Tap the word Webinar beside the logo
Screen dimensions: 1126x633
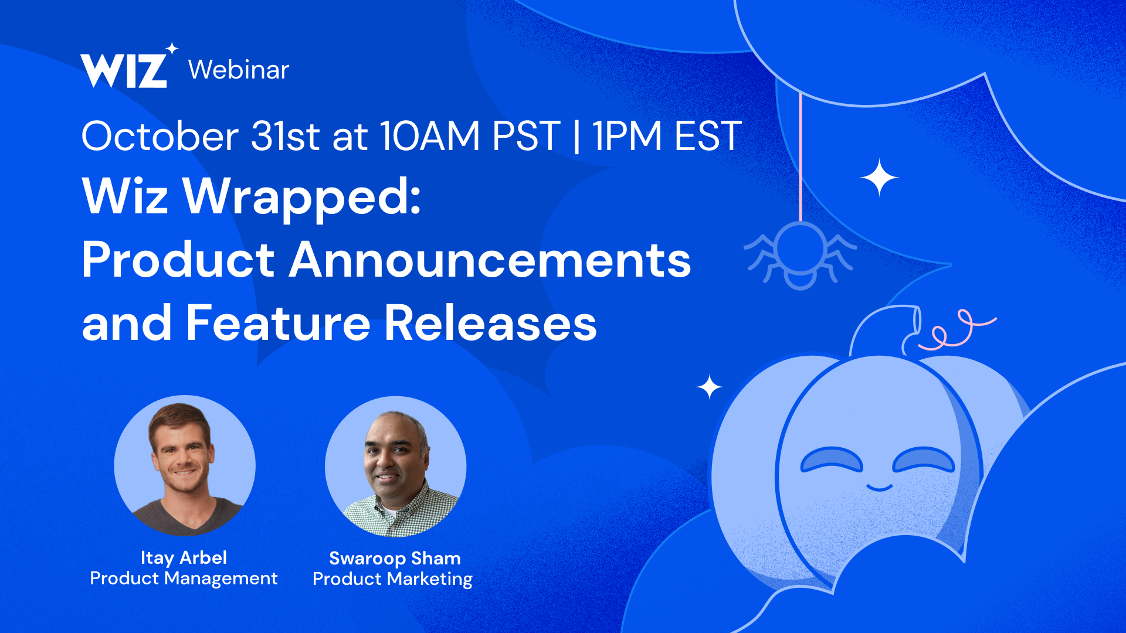coord(239,70)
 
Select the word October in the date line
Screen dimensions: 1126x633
coord(160,136)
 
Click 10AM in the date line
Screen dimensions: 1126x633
coord(430,136)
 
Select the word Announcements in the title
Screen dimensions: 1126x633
coord(490,260)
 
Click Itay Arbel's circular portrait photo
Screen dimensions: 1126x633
coord(185,466)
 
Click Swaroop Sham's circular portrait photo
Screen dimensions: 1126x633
coord(396,467)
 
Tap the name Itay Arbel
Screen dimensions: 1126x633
coord(184,557)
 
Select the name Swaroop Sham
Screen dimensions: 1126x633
coord(395,558)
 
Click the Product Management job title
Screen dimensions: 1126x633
coord(184,578)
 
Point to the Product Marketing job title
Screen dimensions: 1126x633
coord(392,579)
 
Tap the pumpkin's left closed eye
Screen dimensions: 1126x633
coord(832,460)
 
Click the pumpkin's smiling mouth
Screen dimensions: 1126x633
coord(879,487)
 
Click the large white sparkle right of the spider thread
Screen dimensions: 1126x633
coord(879,177)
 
